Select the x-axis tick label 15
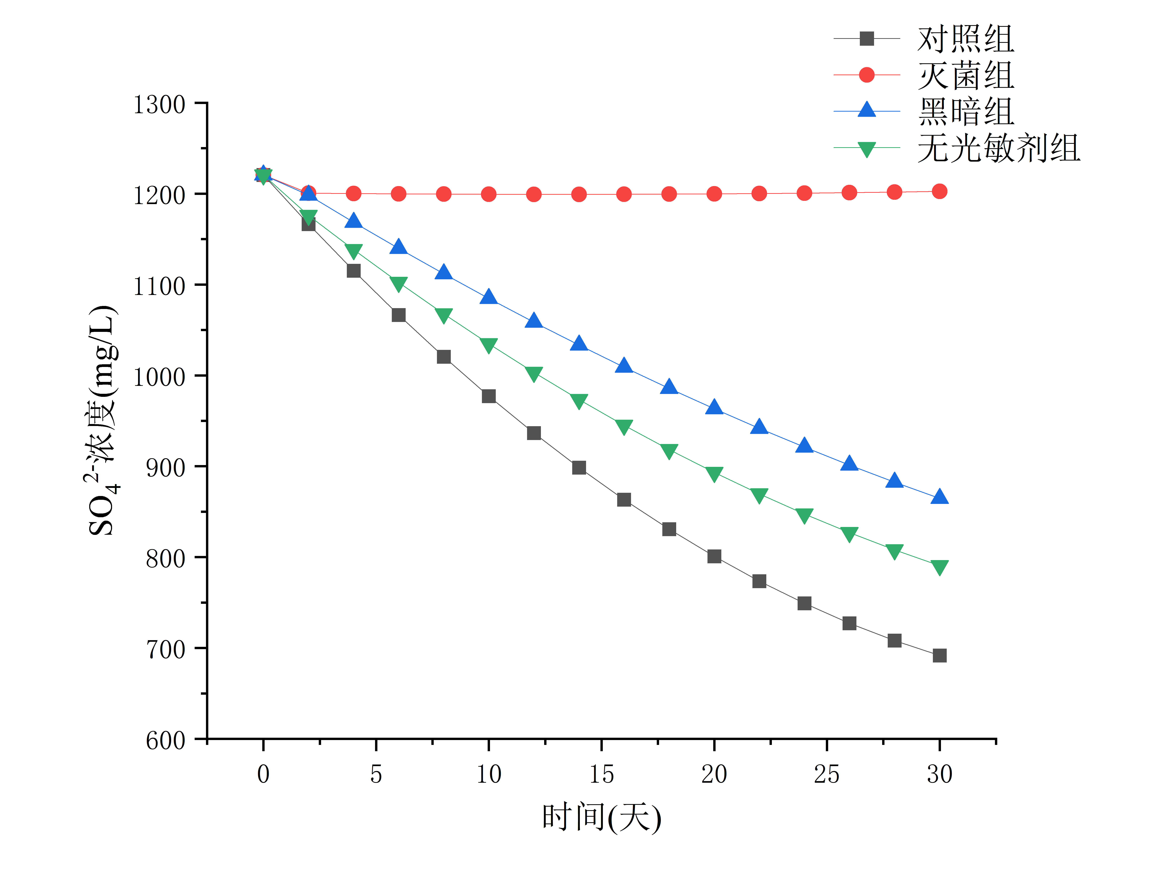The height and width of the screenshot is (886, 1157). [x=601, y=774]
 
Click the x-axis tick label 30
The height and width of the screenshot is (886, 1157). [x=939, y=774]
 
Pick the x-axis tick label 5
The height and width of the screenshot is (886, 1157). [x=376, y=774]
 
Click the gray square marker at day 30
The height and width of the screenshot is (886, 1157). [x=939, y=655]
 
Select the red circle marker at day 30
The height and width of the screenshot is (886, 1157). [x=939, y=191]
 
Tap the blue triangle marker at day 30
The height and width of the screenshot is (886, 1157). [x=939, y=497]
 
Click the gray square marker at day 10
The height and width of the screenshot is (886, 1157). [x=489, y=396]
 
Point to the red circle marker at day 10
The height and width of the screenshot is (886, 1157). [x=489, y=194]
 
